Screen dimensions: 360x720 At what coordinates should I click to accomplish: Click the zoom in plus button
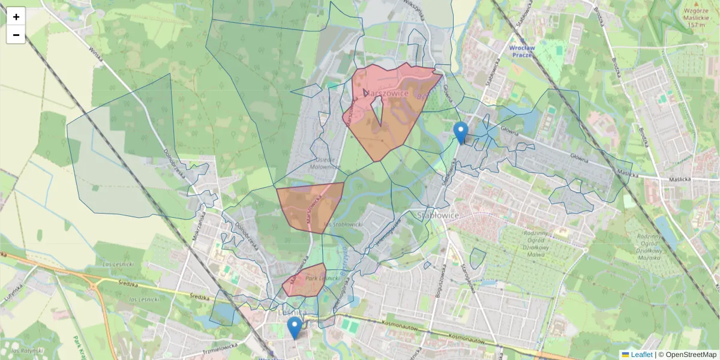(16, 16)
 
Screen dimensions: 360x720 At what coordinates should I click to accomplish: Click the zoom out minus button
(16, 35)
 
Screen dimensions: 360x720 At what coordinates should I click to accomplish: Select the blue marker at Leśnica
(294, 328)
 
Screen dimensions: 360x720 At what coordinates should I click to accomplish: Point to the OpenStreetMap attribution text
(691, 355)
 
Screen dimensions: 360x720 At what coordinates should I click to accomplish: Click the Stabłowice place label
(438, 215)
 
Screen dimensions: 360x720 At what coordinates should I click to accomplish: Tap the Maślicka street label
(680, 179)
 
